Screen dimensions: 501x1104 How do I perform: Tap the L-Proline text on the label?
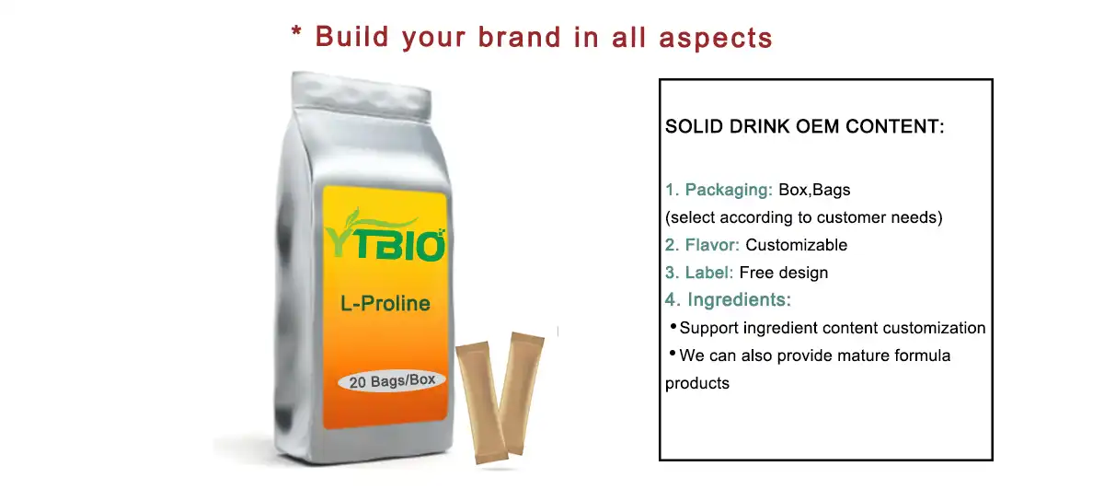click(385, 303)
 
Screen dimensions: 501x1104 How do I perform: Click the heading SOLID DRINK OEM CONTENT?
click(805, 127)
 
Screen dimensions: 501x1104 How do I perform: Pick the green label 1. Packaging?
click(719, 191)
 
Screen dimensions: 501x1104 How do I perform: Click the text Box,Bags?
click(814, 191)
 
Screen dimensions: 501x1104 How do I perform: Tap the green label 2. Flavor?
click(703, 245)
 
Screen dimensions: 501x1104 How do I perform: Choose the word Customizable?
click(796, 245)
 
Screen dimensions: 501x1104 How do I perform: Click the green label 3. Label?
click(699, 273)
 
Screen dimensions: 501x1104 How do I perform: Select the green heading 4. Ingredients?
click(728, 299)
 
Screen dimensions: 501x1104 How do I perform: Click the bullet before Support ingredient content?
click(673, 326)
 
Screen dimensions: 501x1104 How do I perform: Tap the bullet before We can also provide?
click(673, 354)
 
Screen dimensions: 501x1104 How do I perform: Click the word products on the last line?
click(696, 383)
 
